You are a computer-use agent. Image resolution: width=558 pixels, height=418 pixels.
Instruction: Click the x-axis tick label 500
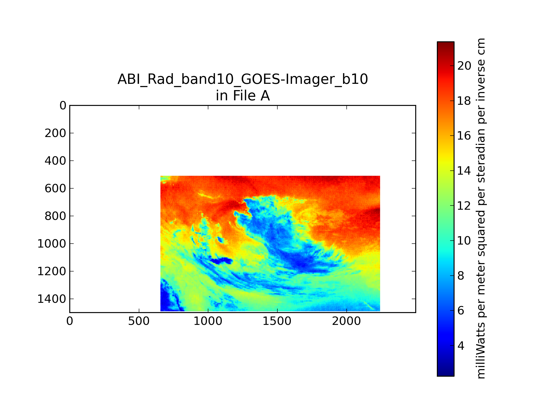point(139,321)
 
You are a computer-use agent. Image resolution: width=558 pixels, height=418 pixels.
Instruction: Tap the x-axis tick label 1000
point(208,321)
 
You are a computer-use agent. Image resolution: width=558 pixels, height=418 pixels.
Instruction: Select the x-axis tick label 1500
point(277,321)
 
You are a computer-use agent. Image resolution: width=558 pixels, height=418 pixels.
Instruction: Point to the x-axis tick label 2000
point(346,321)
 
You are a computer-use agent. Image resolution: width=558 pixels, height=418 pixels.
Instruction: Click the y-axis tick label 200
point(55,133)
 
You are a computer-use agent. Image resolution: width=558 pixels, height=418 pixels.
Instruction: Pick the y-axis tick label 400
point(55,161)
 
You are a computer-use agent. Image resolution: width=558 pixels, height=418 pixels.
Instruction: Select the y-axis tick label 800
point(55,216)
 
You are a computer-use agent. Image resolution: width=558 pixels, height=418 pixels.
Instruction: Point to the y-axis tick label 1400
point(52,299)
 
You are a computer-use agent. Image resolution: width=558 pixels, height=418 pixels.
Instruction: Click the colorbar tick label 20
point(464,66)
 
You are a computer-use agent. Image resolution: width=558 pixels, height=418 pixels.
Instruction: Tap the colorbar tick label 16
point(464,136)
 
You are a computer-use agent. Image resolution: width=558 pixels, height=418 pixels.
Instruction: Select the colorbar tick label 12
point(464,206)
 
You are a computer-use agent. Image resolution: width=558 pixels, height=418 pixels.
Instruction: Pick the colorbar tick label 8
point(461,276)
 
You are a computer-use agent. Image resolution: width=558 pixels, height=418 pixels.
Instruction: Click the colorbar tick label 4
point(461,346)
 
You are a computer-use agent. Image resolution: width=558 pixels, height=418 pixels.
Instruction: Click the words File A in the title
point(251,96)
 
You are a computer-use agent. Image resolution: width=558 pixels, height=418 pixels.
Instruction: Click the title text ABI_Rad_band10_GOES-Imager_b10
point(243,79)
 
